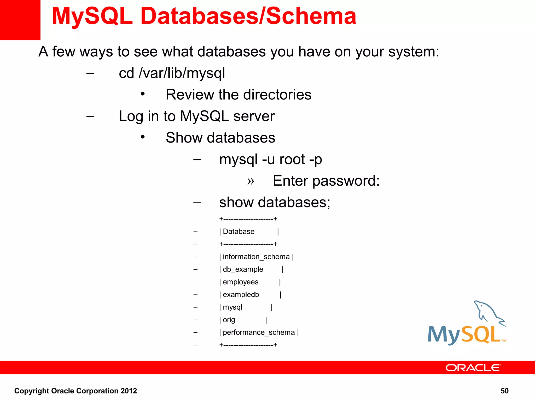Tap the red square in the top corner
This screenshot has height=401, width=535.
(20, 20)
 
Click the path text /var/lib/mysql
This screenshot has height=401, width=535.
(182, 73)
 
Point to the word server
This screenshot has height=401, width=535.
(254, 116)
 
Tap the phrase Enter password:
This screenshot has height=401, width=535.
(326, 181)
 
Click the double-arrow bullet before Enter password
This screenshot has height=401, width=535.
(251, 181)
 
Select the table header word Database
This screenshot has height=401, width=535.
(239, 232)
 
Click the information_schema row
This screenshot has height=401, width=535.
(256, 257)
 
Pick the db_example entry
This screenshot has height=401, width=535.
(243, 269)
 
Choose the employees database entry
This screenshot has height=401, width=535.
(240, 282)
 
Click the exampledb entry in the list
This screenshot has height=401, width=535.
(241, 295)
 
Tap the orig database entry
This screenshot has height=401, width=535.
(229, 320)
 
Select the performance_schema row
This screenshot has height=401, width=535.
(259, 333)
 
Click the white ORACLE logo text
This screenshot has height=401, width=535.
(473, 368)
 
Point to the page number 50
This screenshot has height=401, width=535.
(504, 391)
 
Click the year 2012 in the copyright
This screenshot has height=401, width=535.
(129, 391)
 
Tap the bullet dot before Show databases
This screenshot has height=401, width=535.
(143, 137)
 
